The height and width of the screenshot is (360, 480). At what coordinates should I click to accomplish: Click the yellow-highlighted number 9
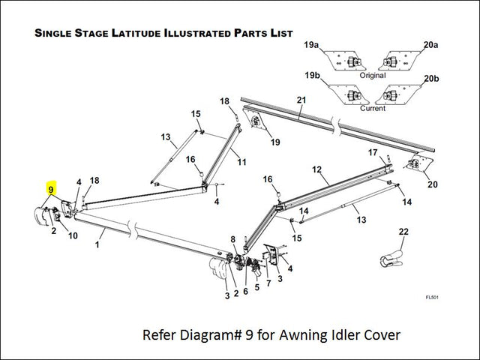tap(51, 190)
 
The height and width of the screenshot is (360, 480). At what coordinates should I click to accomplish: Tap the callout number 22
tap(403, 232)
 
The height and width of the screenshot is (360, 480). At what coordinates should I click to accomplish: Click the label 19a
tap(311, 46)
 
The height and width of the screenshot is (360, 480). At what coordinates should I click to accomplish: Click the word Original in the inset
tap(372, 76)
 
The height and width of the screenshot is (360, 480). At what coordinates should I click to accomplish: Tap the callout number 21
tap(301, 100)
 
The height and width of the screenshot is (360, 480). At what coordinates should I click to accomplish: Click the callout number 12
tap(316, 170)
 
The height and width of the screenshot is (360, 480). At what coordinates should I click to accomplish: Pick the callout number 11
tap(241, 162)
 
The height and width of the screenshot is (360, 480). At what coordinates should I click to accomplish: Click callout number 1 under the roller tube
tap(97, 244)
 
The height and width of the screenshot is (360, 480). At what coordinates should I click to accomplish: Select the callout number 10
tap(73, 236)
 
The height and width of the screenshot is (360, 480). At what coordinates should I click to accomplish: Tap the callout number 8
tap(233, 239)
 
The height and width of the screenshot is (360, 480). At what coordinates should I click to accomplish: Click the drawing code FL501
tap(432, 297)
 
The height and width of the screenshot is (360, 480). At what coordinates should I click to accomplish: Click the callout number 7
tap(268, 283)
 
